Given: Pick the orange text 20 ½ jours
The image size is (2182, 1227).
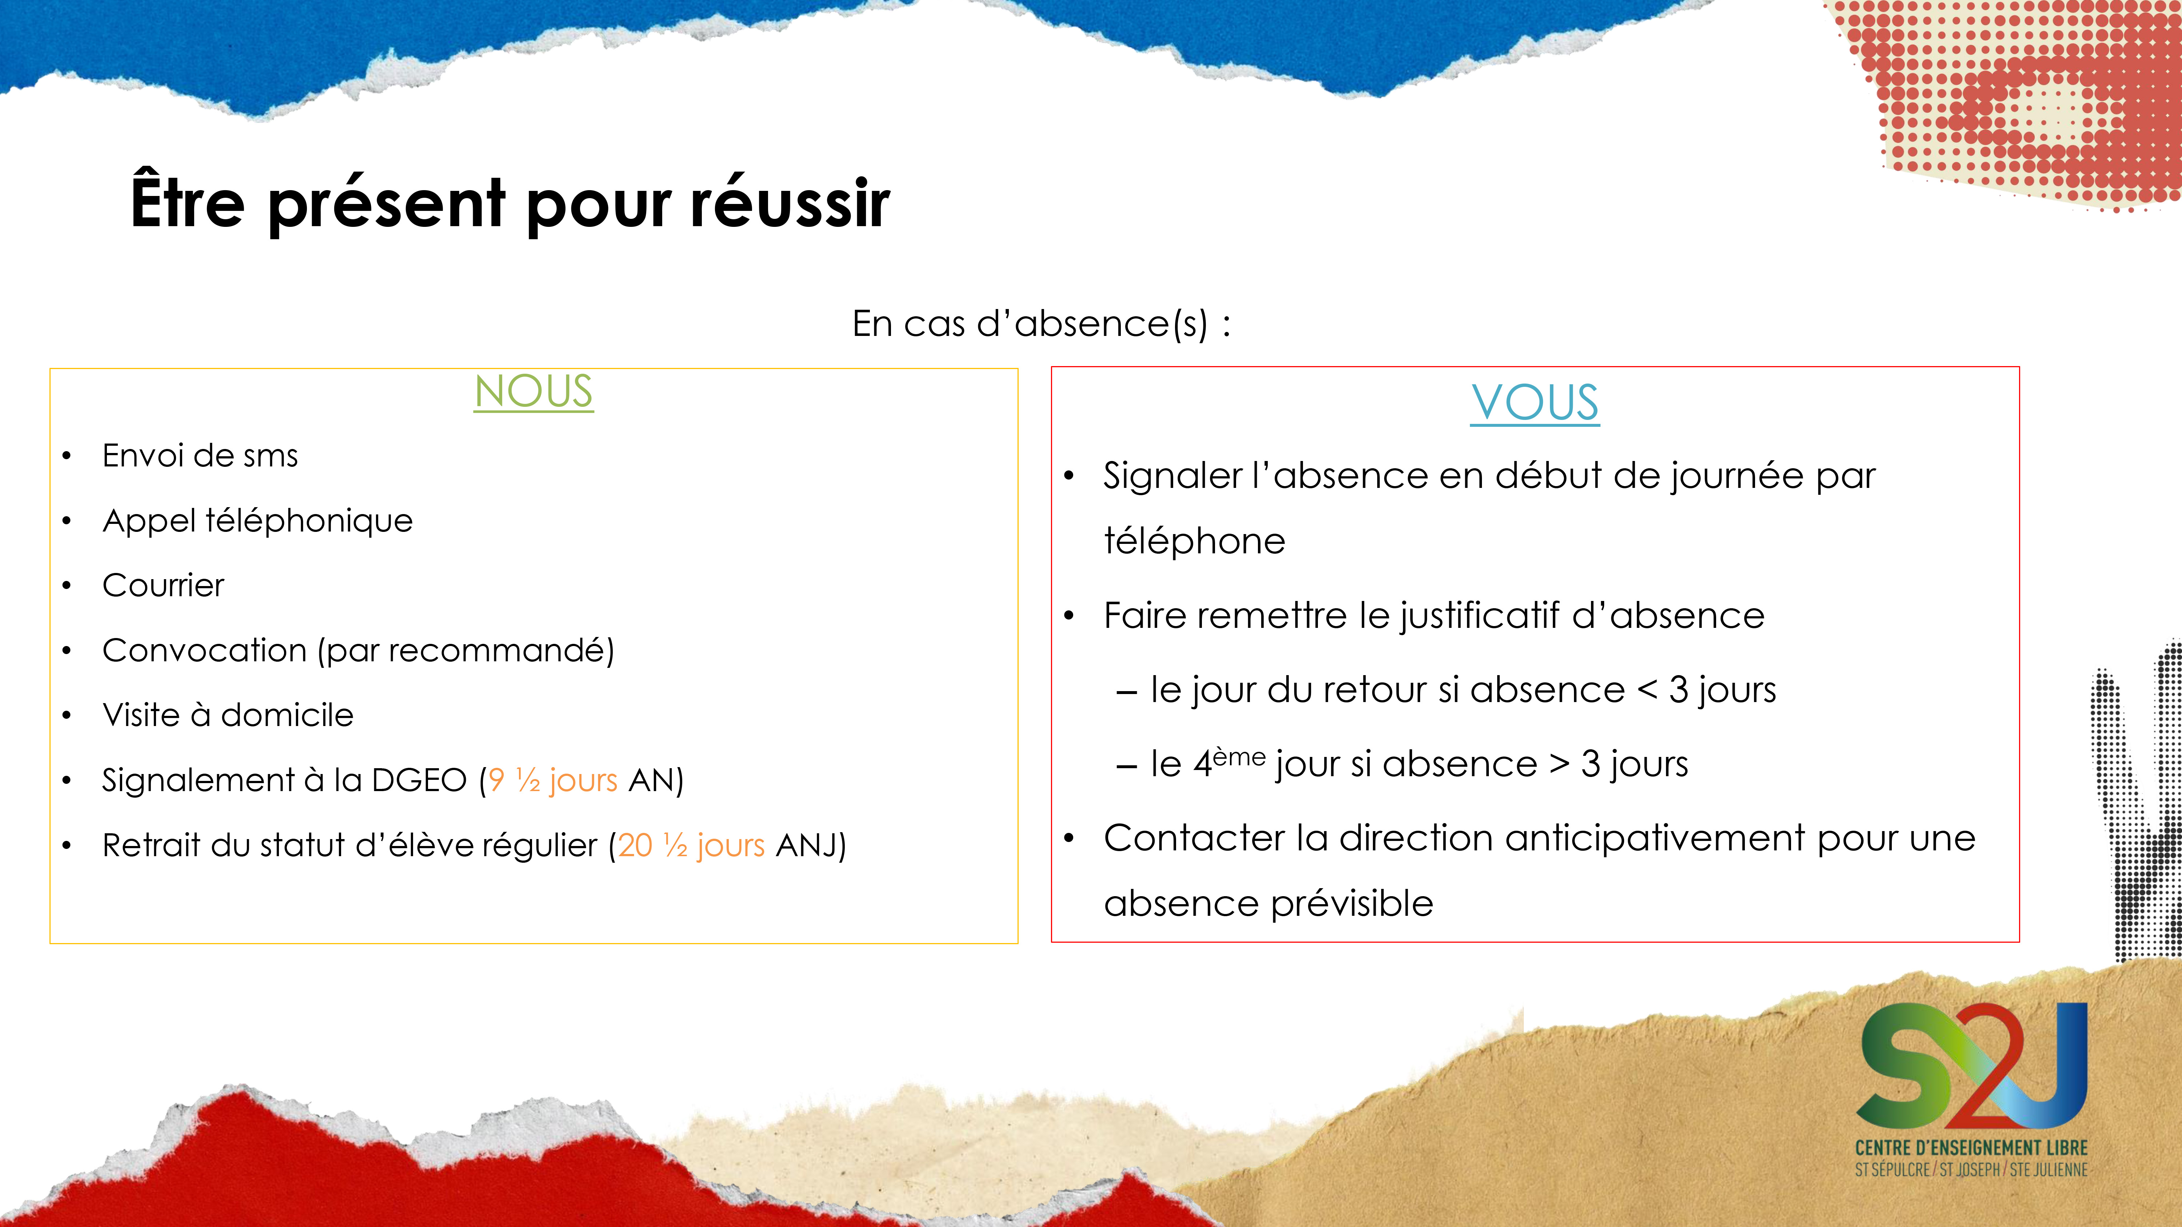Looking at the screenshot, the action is (x=691, y=845).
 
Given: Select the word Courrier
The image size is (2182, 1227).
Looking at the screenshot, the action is (x=164, y=585).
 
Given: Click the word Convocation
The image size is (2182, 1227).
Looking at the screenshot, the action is (x=204, y=650).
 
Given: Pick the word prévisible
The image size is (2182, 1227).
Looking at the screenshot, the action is (x=1352, y=903).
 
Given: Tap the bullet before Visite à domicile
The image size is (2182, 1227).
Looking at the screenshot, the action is (x=67, y=715).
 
